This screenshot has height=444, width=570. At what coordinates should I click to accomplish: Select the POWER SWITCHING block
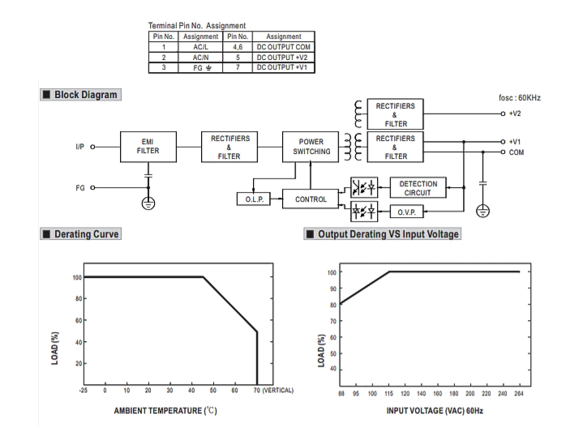pyautogui.click(x=306, y=147)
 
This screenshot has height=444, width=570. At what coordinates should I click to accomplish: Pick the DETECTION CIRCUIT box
pyautogui.click(x=419, y=187)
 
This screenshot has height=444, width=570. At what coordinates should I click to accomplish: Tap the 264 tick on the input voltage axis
pyautogui.click(x=518, y=392)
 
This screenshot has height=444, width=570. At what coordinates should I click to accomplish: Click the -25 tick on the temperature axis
pyautogui.click(x=83, y=391)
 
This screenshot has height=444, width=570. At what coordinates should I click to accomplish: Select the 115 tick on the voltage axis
pyautogui.click(x=389, y=392)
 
